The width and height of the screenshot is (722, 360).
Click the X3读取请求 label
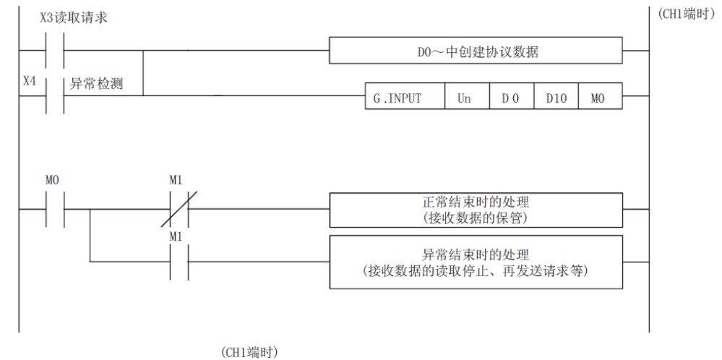point(74,17)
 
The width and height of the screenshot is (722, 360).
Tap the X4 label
point(29,82)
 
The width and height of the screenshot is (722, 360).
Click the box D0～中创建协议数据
point(475,51)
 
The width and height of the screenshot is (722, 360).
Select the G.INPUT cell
point(404,97)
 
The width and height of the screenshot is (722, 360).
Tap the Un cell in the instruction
point(465,97)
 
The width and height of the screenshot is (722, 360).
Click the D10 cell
point(555,97)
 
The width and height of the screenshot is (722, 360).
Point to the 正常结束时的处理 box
point(475,209)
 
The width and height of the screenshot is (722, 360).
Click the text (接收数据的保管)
point(475,217)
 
